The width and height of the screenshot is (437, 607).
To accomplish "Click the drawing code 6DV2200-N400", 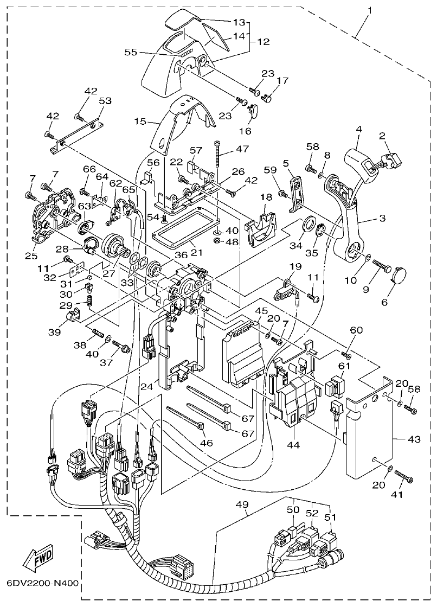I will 42,585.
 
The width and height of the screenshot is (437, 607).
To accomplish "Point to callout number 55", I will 131,52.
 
